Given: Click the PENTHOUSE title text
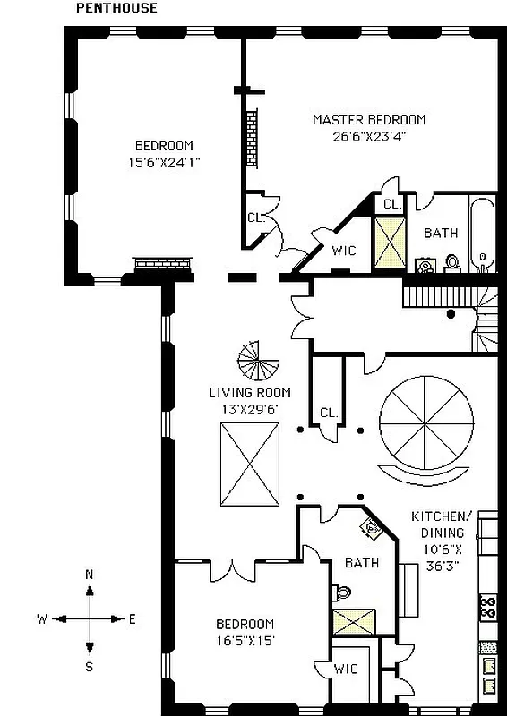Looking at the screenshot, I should [116, 8].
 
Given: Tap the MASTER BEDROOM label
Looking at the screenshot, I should [368, 120].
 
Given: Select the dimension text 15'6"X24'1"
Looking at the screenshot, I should [163, 163].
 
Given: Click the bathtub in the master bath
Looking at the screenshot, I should [482, 233].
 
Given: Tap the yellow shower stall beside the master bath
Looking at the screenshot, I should [391, 241].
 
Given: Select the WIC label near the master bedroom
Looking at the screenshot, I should [343, 251].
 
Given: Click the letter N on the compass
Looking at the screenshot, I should [89, 574].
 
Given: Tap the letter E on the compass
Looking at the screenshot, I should [132, 618].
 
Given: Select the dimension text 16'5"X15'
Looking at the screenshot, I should [244, 640].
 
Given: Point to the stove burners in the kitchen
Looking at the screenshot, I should [488, 608].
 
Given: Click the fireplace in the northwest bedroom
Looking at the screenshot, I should [163, 264].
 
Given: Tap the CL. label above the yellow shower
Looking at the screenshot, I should [391, 205].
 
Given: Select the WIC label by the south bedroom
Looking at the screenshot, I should [346, 668].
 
